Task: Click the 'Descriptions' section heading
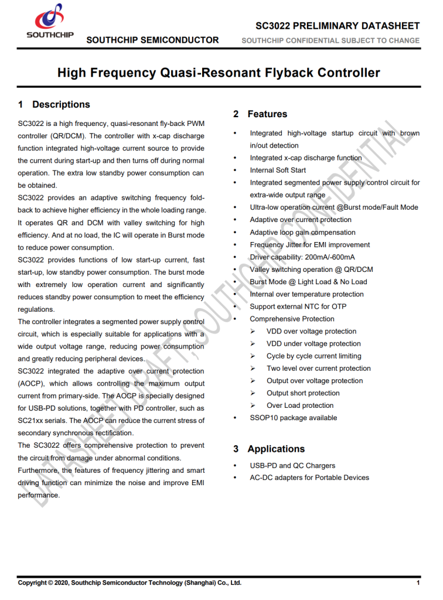pyautogui.click(x=61, y=105)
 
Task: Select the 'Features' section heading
pyautogui.click(x=267, y=114)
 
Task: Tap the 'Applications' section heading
pyautogui.click(x=276, y=449)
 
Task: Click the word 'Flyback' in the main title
pyautogui.click(x=289, y=73)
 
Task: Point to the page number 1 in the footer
pyautogui.click(x=418, y=583)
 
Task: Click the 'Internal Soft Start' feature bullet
pyautogui.click(x=278, y=171)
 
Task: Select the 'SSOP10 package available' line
pyautogui.click(x=293, y=418)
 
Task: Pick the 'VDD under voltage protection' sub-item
pyautogui.click(x=313, y=344)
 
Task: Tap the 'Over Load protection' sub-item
pyautogui.click(x=300, y=405)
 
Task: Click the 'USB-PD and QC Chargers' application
pyautogui.click(x=292, y=466)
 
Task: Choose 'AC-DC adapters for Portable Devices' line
pyautogui.click(x=309, y=478)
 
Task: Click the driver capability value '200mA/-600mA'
pyautogui.click(x=330, y=257)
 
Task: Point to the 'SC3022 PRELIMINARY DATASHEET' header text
pyautogui.click(x=338, y=26)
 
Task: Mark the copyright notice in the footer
pyautogui.click(x=130, y=583)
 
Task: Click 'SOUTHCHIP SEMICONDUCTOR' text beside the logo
pyautogui.click(x=152, y=40)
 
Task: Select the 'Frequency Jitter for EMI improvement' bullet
pyautogui.click(x=310, y=245)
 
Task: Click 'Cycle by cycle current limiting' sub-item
pyautogui.click(x=314, y=356)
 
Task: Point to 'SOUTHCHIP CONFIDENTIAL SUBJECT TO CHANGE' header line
pyautogui.click(x=330, y=40)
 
